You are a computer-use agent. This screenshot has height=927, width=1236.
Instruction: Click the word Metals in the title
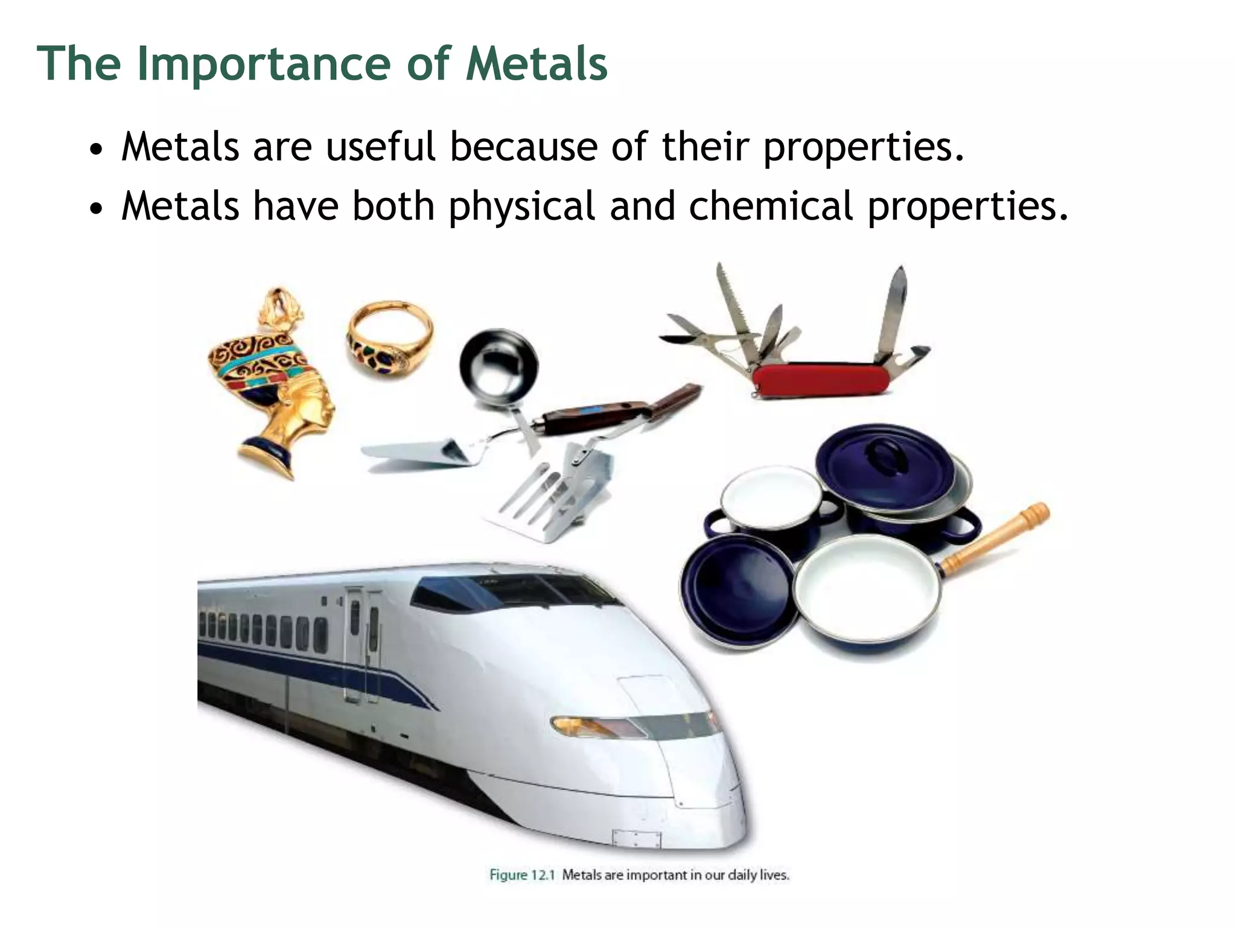(x=537, y=63)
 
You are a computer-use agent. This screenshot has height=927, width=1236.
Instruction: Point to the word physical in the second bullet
(x=521, y=206)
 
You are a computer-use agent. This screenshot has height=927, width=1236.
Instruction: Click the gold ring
(x=389, y=334)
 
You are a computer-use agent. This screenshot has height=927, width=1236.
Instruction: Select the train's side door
(x=362, y=646)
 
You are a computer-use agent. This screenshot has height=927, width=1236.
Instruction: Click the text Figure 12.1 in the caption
(x=521, y=874)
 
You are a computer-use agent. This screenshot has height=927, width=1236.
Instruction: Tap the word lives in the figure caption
(x=774, y=874)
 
